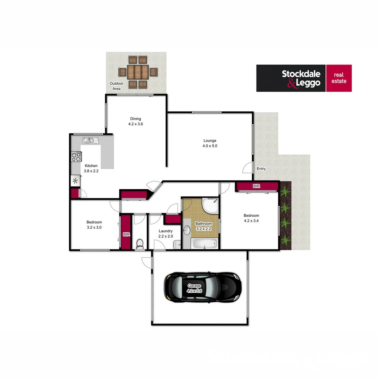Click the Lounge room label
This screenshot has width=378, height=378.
pyautogui.click(x=210, y=141)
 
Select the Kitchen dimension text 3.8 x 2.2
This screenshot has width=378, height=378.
pyautogui.click(x=91, y=171)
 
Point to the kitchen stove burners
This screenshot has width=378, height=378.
pyautogui.click(x=76, y=156)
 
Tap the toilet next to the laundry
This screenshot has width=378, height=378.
pyautogui.click(x=140, y=244)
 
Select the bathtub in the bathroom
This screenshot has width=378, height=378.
pyautogui.click(x=205, y=244)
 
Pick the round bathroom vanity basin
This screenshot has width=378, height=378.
pyautogui.click(x=187, y=230)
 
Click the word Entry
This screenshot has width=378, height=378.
pyautogui.click(x=261, y=169)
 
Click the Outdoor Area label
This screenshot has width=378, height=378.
pyautogui.click(x=116, y=86)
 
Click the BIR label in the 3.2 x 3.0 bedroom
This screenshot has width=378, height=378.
pyautogui.click(x=126, y=235)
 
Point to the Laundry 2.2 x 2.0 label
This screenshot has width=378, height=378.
pyautogui.click(x=165, y=233)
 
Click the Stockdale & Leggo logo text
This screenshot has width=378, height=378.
pyautogui.click(x=301, y=78)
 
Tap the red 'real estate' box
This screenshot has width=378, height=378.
pyautogui.click(x=339, y=78)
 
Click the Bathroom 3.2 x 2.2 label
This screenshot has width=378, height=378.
pyautogui.click(x=203, y=226)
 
